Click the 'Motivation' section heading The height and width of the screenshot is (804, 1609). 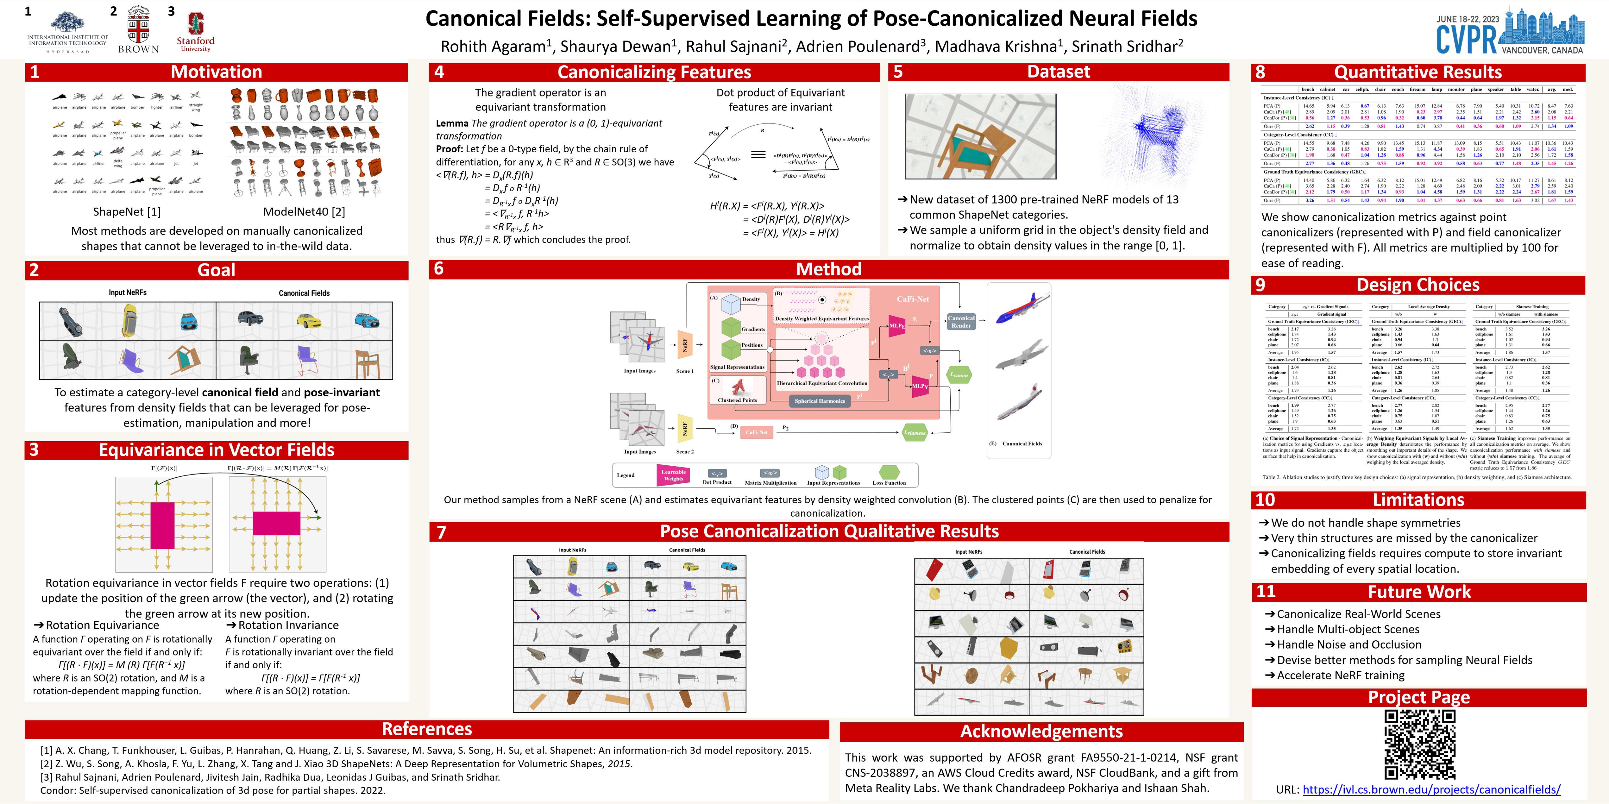(216, 72)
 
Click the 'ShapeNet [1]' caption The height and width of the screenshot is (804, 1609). (127, 212)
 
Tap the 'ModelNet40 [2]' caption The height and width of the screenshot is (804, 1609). (304, 212)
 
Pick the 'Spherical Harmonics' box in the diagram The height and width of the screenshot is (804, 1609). (820, 401)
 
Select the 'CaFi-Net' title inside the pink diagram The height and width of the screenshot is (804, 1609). (913, 299)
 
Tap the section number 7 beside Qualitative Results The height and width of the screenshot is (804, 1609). (442, 532)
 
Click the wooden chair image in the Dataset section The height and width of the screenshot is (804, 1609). (980, 136)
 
